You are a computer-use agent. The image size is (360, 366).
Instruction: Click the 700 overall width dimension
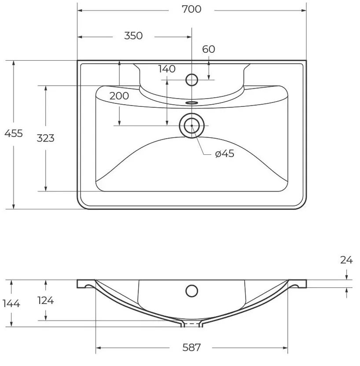click(191, 9)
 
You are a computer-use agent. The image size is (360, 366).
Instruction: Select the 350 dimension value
click(133, 36)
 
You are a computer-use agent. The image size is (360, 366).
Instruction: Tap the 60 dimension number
click(209, 49)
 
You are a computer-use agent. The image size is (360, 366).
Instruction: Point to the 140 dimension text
click(167, 69)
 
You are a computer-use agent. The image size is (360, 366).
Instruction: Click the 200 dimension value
click(119, 96)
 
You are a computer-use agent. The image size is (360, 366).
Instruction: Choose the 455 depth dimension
click(14, 134)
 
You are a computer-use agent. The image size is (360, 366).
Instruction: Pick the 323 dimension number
click(45, 138)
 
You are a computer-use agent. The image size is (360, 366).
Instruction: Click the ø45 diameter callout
click(224, 154)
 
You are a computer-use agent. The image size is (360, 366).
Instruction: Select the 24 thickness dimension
click(346, 260)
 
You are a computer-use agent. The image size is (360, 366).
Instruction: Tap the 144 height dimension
click(11, 304)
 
